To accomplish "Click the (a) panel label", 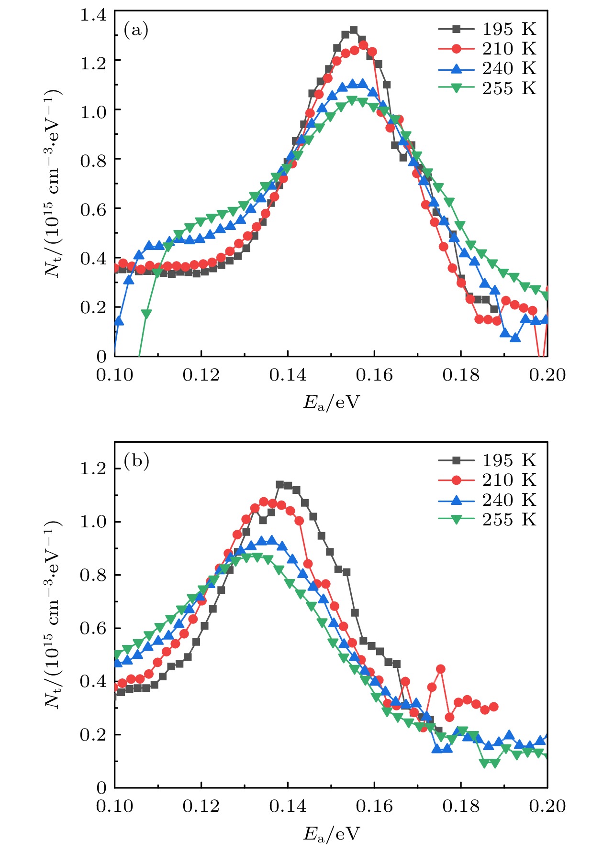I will [136, 30].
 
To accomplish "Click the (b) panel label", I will [136, 461].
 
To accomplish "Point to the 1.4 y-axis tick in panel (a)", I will [93, 15].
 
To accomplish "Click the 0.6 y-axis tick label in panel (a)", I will [93, 209].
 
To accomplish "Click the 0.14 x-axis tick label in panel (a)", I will [288, 375].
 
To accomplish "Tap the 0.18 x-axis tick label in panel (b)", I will [461, 806].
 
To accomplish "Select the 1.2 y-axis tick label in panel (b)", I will [93, 469].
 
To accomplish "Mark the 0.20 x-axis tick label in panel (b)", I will [547, 806].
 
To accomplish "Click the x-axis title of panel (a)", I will [331, 403].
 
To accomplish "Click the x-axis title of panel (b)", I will [331, 834].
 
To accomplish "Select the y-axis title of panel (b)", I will [53, 614].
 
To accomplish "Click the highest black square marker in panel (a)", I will [354, 30].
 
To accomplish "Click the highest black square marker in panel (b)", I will [280, 484].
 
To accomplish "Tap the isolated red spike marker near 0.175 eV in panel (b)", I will [441, 669].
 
